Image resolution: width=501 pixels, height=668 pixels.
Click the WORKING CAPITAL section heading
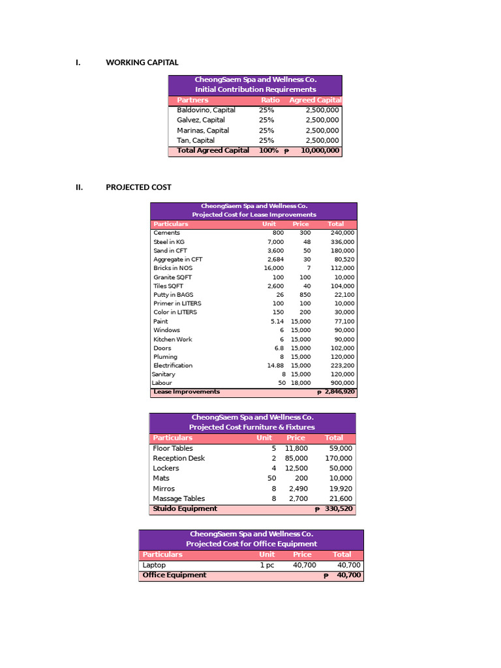[142, 63]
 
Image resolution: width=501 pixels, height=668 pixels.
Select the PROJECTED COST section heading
[138, 187]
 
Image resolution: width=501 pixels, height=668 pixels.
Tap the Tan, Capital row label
[196, 140]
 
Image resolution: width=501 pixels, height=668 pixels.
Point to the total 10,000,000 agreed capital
[320, 151]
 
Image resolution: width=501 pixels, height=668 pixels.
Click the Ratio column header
[270, 100]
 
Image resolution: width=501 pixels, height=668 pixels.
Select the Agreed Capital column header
[315, 100]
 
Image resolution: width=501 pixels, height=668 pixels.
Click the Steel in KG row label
[169, 242]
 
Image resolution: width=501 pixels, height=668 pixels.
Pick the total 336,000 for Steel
[342, 242]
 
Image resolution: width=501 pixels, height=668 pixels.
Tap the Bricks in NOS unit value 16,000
[273, 268]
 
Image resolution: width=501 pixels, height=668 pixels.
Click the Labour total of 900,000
[342, 383]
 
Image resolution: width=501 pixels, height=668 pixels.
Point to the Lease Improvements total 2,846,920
[339, 392]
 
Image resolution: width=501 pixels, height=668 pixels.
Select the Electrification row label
[173, 365]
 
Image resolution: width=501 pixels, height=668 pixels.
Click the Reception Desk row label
[179, 459]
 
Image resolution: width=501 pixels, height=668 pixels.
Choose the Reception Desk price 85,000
[296, 459]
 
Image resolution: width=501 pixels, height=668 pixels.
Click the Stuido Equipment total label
[185, 509]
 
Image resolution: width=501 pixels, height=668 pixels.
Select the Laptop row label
[154, 566]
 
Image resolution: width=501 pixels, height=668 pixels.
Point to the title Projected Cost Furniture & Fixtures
[252, 427]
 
